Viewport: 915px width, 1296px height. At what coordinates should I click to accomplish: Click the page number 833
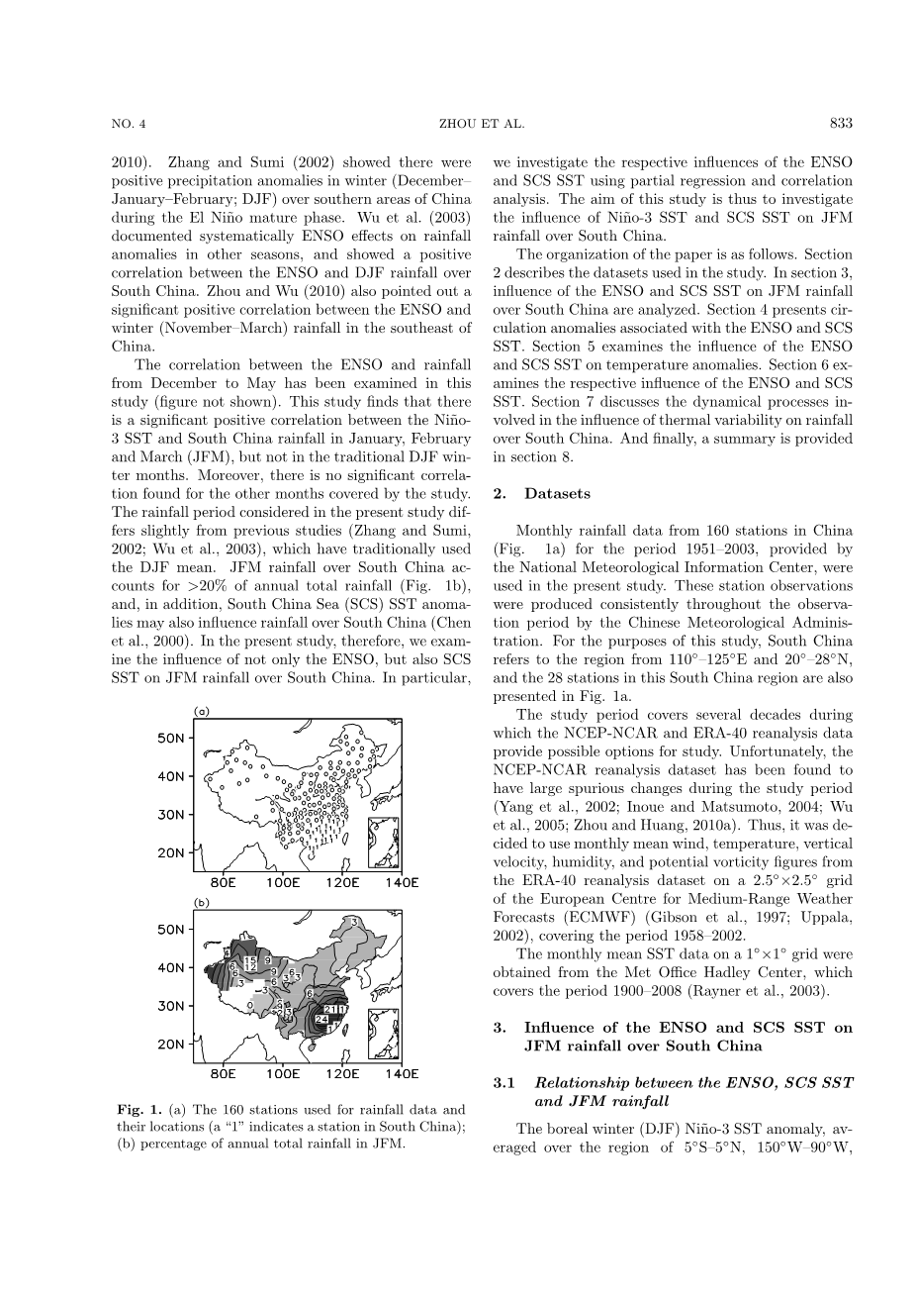[x=841, y=124]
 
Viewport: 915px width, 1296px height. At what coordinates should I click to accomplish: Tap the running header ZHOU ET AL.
[x=481, y=124]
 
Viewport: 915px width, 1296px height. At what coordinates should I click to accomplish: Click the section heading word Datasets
[x=557, y=493]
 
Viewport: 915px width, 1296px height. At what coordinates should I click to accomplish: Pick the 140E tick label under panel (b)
[x=402, y=1073]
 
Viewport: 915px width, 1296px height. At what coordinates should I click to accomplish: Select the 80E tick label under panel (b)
[x=224, y=1073]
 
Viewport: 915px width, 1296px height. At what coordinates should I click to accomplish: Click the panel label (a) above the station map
[x=201, y=711]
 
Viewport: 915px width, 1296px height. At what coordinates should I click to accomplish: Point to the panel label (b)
[x=201, y=902]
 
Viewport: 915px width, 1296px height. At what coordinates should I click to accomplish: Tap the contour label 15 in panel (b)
[x=252, y=959]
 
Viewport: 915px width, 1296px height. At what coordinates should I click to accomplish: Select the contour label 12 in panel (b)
[x=251, y=967]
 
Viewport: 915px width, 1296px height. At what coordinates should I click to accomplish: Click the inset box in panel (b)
[x=383, y=1031]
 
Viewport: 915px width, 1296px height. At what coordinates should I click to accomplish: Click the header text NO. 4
[x=129, y=124]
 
